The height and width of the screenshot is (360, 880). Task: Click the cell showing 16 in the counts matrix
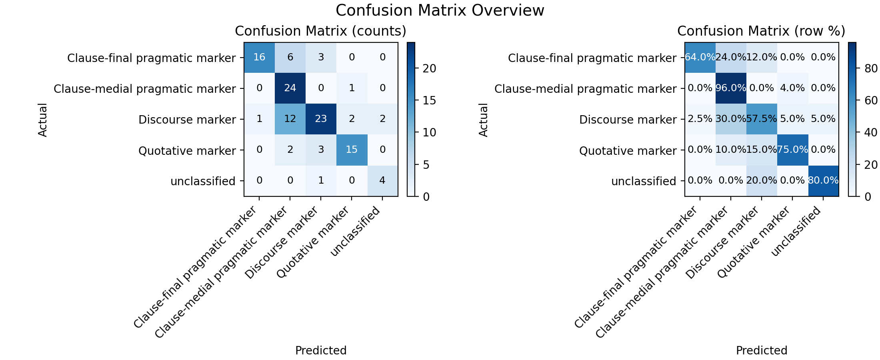[x=260, y=58]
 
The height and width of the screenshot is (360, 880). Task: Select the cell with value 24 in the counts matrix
[x=290, y=88]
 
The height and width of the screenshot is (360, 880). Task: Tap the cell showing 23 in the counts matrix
[x=321, y=119]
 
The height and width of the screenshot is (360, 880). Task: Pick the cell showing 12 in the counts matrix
[x=290, y=119]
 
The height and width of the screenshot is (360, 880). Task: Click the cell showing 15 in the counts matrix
[x=352, y=150]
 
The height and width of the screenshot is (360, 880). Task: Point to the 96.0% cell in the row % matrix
[x=731, y=88]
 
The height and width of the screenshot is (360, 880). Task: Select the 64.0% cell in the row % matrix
[x=700, y=58]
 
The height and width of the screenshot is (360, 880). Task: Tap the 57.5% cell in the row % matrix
[x=762, y=119]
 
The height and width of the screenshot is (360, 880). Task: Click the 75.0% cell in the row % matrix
[x=793, y=150]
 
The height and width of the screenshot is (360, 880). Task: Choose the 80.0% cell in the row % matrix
[x=824, y=181]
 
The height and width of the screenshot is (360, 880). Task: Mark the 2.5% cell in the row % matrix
[x=700, y=119]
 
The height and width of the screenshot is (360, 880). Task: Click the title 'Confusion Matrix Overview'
[x=440, y=10]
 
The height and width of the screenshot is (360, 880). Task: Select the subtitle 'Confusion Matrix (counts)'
[x=321, y=31]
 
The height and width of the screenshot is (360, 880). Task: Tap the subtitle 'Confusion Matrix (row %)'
[x=762, y=31]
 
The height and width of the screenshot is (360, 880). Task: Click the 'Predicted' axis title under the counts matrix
[x=321, y=350]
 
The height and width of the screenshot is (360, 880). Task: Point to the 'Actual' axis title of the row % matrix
[x=484, y=120]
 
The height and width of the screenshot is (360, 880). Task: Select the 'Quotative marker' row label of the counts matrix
[x=187, y=151]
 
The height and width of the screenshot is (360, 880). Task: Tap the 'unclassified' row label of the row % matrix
[x=644, y=182]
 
